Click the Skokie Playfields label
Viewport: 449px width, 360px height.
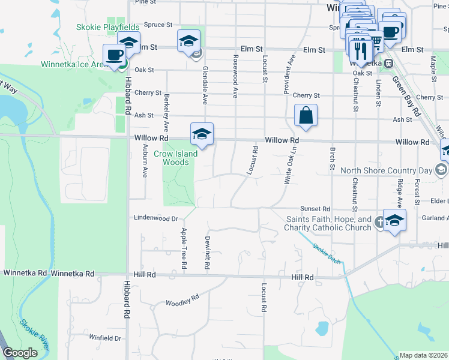(108, 27)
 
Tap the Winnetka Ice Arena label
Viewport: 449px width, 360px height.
(75, 64)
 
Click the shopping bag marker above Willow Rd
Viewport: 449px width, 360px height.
(306, 116)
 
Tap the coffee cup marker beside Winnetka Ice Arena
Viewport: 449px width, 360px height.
(114, 55)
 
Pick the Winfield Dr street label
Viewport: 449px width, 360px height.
(105, 338)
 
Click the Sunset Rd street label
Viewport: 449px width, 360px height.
(316, 208)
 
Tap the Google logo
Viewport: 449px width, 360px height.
(20, 353)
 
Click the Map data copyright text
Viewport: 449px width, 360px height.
(423, 355)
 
